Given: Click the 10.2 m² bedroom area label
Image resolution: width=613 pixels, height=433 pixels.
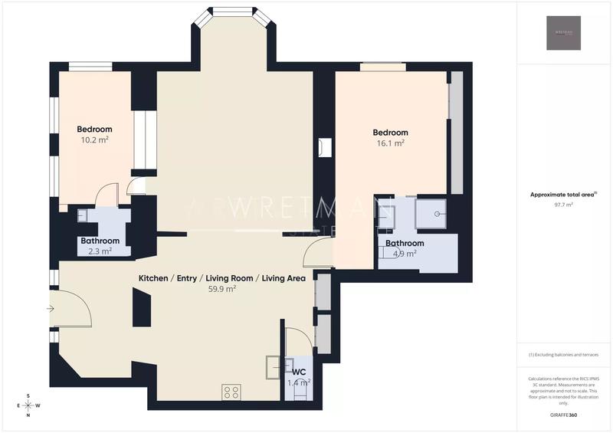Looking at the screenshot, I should (95, 140).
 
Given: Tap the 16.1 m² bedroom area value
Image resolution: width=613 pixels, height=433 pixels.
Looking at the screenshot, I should (390, 143).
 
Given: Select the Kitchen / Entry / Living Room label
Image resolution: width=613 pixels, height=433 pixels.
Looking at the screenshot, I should (221, 278).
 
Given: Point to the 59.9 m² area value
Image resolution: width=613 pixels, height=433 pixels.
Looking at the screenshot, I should (221, 290).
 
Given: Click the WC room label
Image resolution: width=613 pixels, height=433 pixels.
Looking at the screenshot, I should (299, 372).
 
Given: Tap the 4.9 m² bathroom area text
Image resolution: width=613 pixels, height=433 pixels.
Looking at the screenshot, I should (404, 254).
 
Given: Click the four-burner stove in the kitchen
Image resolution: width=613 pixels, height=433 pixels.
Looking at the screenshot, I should (231, 392).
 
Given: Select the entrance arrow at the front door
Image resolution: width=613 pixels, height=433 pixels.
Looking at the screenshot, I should (51, 309).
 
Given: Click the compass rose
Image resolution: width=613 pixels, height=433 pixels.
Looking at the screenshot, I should (28, 405).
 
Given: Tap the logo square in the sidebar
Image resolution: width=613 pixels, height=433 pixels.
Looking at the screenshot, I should (563, 33).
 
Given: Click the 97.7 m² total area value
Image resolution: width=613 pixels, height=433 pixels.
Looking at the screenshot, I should (563, 205).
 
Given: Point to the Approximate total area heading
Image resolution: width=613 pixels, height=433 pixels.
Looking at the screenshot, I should (563, 195).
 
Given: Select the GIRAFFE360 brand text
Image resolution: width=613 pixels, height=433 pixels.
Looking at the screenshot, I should (563, 415).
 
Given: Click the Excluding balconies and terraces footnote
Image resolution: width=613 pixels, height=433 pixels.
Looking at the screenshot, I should (563, 356).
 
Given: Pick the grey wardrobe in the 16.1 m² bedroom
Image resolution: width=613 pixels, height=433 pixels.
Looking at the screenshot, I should (456, 132).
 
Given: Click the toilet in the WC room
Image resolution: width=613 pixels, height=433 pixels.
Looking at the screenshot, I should (297, 390).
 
